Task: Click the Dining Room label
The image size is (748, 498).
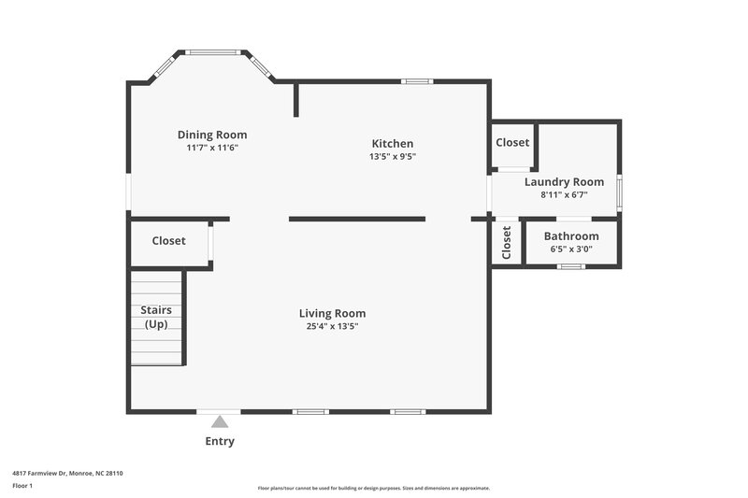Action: pos(212,135)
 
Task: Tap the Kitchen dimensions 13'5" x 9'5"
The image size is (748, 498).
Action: pos(392,157)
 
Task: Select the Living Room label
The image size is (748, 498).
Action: pos(332,313)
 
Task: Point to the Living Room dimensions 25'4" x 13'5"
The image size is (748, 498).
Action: pos(332,327)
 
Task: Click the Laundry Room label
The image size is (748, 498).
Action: pos(564,181)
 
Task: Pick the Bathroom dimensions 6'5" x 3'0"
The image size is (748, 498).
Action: pos(571,249)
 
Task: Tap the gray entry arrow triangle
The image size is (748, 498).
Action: pos(219,421)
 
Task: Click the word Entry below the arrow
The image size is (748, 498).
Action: pos(220,441)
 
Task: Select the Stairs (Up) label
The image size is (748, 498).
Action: pos(156,317)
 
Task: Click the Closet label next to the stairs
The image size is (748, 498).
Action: pos(168,240)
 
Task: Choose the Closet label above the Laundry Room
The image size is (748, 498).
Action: pos(512,143)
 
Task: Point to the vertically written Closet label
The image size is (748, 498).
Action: pos(507,243)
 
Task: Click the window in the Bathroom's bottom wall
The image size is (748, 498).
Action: pos(570,267)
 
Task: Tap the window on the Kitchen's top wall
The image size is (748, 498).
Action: pos(417,81)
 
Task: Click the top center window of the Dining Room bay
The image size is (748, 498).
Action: pos(212,52)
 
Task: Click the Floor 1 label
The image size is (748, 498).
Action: pos(22,487)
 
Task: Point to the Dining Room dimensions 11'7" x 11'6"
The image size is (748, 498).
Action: pos(212,148)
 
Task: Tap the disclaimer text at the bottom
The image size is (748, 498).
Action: pos(373,488)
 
